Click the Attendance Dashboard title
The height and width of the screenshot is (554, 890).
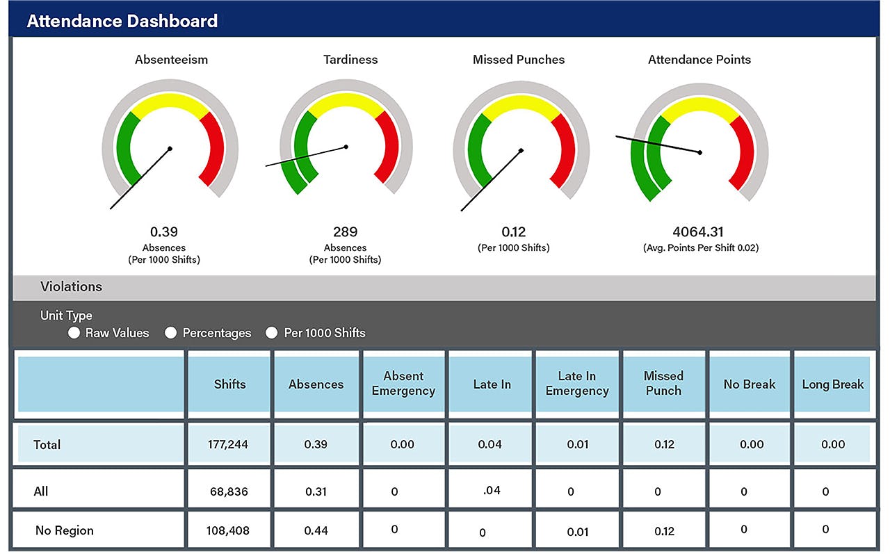[122, 22]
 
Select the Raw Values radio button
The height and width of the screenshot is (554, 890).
[74, 333]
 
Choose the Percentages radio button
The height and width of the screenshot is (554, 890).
[171, 333]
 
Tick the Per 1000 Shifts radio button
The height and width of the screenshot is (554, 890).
[272, 333]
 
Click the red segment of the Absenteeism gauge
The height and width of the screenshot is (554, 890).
[214, 149]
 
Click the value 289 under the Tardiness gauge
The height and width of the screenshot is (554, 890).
[346, 231]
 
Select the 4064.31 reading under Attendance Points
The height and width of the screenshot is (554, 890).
[699, 231]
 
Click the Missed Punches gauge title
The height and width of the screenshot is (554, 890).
[518, 60]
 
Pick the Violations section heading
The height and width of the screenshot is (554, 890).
[71, 286]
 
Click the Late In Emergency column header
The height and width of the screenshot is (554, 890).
[577, 384]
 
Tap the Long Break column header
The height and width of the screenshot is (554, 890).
[832, 384]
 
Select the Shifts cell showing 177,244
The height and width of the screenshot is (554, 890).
[229, 444]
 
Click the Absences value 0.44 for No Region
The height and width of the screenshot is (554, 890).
[316, 530]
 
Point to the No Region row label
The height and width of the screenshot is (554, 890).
[64, 530]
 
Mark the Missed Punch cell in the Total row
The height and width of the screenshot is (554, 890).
[664, 444]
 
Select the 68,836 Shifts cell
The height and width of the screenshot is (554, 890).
[229, 491]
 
